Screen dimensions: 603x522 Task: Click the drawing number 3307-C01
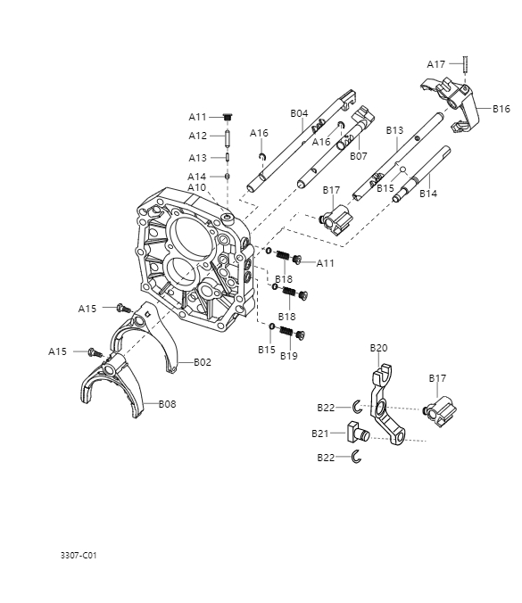click(x=79, y=555)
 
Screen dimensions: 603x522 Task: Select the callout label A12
click(x=197, y=136)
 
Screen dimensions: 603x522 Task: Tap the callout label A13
click(x=197, y=158)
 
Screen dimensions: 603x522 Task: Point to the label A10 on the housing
click(x=197, y=187)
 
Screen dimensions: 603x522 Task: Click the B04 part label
click(x=299, y=113)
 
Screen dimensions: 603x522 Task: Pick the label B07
click(x=359, y=156)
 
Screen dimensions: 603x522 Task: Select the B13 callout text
click(x=395, y=130)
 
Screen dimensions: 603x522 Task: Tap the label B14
click(x=428, y=194)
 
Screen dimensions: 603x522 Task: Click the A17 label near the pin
click(x=435, y=64)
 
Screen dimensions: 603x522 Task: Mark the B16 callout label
click(x=501, y=109)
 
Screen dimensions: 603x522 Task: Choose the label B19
click(x=288, y=356)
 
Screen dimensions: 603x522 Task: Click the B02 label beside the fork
click(x=203, y=362)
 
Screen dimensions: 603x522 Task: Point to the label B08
click(x=168, y=404)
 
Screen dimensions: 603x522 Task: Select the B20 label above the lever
click(x=378, y=347)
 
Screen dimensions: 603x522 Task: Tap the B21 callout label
click(x=320, y=434)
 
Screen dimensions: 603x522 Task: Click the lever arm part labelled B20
click(x=385, y=406)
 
